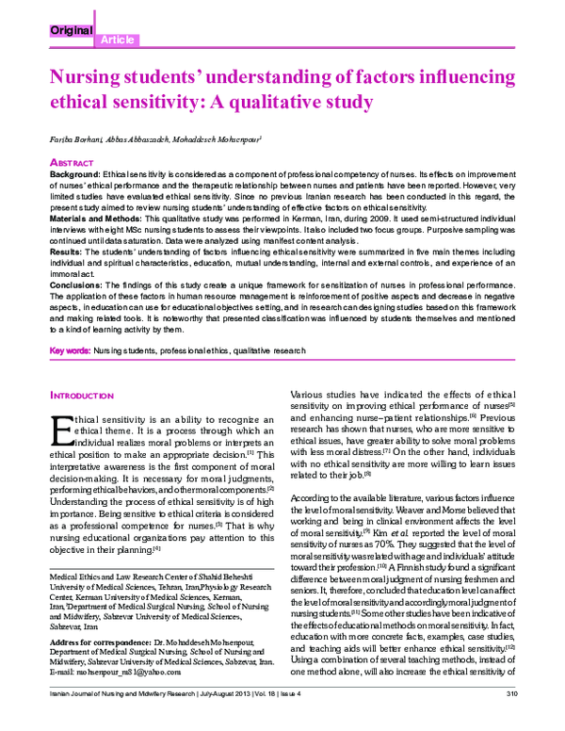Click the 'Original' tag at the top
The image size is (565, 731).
tap(70, 30)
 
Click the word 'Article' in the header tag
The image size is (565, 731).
tap(116, 40)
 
